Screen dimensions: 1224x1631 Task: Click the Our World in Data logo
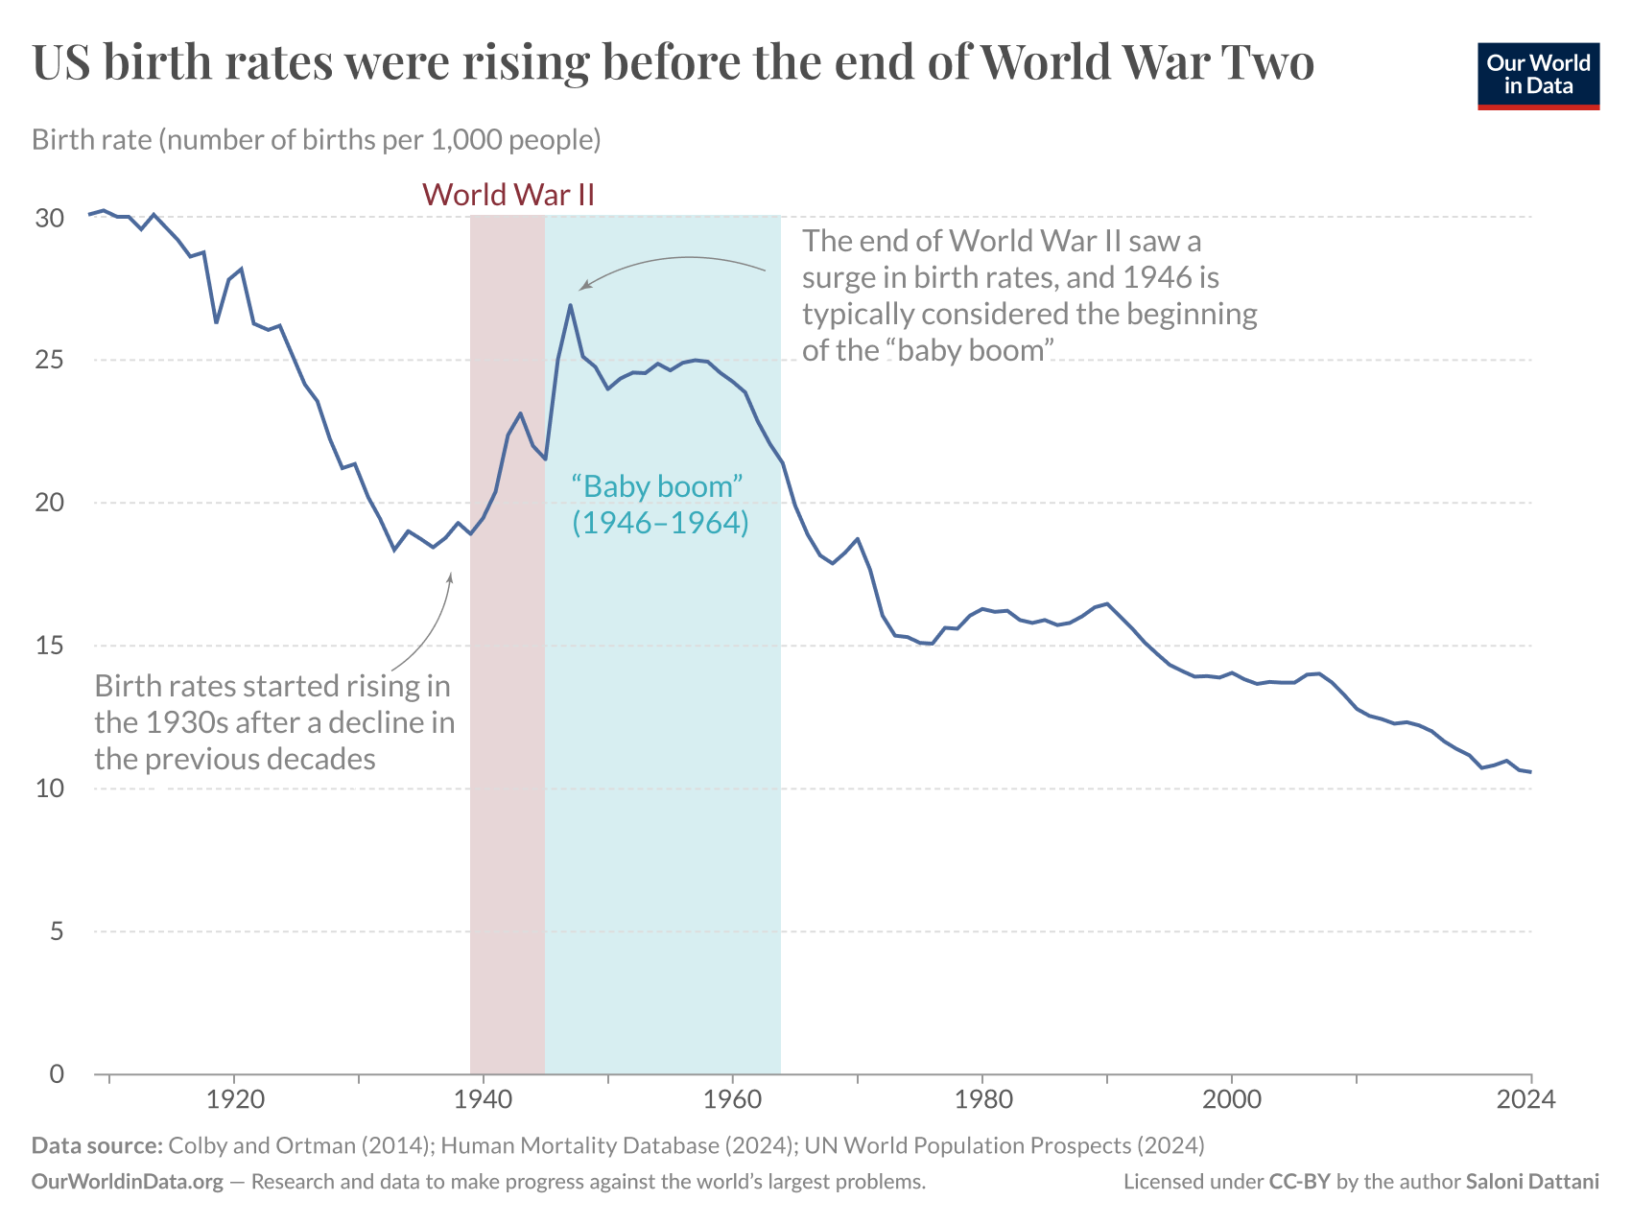(1538, 75)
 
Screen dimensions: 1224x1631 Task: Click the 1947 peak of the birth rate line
(570, 306)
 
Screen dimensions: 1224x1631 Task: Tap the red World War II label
(508, 195)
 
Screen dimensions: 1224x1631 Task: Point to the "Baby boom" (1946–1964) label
(660, 505)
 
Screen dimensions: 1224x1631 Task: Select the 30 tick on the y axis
(49, 218)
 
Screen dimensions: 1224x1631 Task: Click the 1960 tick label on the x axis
(732, 1099)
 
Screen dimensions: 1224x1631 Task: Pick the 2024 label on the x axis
(1525, 1099)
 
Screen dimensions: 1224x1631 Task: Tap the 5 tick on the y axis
(57, 931)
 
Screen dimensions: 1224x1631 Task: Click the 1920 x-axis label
(234, 1099)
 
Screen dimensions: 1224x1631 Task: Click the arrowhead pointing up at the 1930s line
(450, 577)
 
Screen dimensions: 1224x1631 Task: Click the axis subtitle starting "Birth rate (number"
(317, 140)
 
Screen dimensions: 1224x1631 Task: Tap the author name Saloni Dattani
(1532, 1182)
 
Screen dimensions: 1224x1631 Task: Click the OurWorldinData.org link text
(128, 1182)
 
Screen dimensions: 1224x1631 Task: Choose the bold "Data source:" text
(96, 1145)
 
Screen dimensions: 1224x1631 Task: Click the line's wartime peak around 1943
(520, 414)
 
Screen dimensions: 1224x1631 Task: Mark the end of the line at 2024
(1529, 772)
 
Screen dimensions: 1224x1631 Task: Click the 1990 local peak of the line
(1107, 603)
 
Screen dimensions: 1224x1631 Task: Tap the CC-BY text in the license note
(1299, 1182)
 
